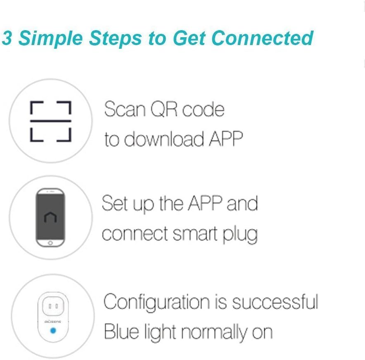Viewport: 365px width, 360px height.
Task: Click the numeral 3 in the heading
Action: click(x=7, y=38)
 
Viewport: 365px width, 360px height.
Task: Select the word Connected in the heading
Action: click(x=262, y=38)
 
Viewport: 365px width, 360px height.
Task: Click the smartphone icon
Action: click(x=51, y=217)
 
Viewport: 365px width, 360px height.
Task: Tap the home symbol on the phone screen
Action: click(x=50, y=217)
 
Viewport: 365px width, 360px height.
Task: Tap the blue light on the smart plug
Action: click(x=52, y=331)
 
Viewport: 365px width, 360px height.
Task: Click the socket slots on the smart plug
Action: click(x=52, y=306)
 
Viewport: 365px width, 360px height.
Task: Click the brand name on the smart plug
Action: click(x=52, y=321)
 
